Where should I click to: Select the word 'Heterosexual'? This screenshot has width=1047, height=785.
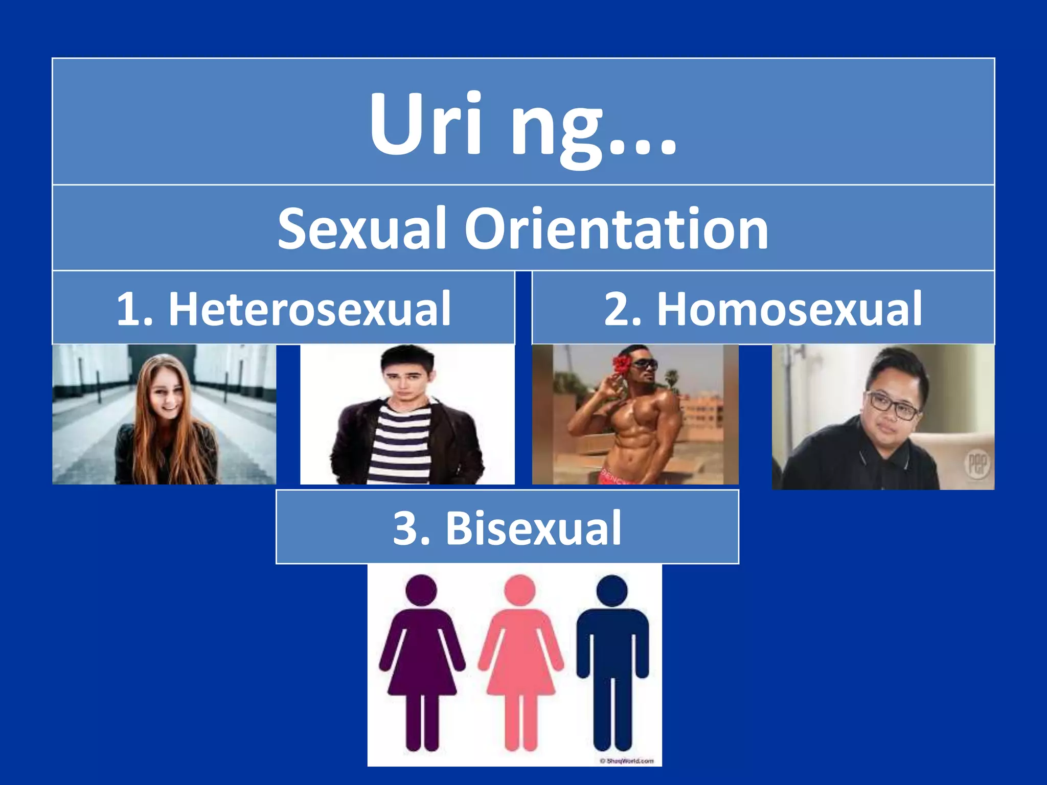point(309,309)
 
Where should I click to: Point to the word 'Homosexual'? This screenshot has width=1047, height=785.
point(789,309)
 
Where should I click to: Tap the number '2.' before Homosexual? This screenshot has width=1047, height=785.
point(623,309)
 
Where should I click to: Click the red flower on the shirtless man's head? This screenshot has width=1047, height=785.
point(622,364)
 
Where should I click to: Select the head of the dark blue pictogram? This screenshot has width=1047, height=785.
point(612,591)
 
